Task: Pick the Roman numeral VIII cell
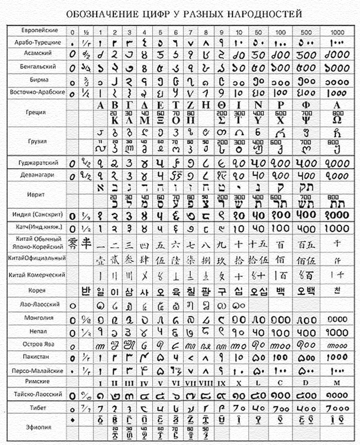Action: pos(205,383)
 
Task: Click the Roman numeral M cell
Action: pos(337,383)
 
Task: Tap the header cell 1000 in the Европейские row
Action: pos(337,32)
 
